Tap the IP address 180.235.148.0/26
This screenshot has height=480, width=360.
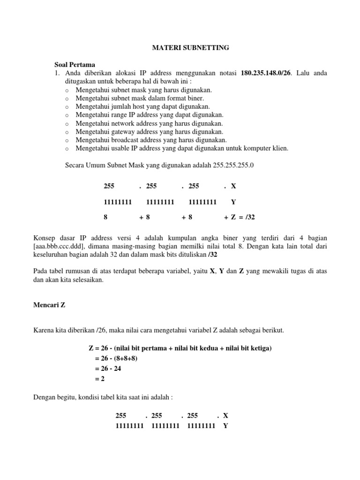point(266,73)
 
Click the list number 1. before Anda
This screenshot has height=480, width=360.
point(58,73)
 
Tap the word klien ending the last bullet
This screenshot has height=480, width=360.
point(280,149)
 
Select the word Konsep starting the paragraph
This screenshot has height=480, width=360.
point(46,238)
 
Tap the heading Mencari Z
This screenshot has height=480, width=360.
point(49,304)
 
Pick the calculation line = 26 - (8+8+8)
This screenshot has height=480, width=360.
point(116,359)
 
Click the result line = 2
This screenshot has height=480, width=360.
point(99,379)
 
